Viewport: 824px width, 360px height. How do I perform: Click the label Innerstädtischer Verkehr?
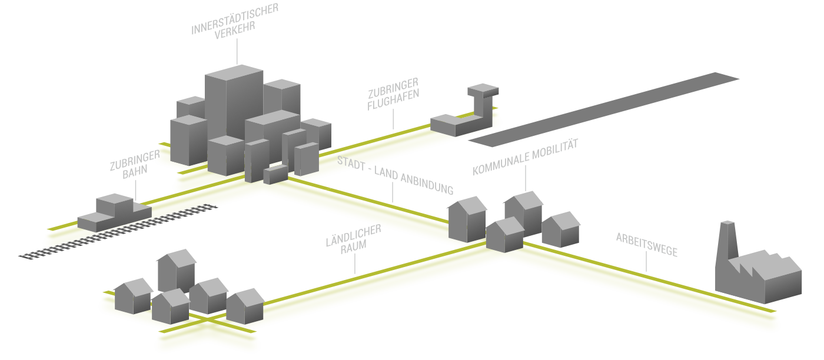235,21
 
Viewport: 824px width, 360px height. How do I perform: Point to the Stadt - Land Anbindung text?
396,175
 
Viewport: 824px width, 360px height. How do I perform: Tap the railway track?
118,231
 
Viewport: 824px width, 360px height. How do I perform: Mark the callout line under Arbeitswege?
646,264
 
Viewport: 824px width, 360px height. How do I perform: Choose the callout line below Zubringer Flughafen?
393,121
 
